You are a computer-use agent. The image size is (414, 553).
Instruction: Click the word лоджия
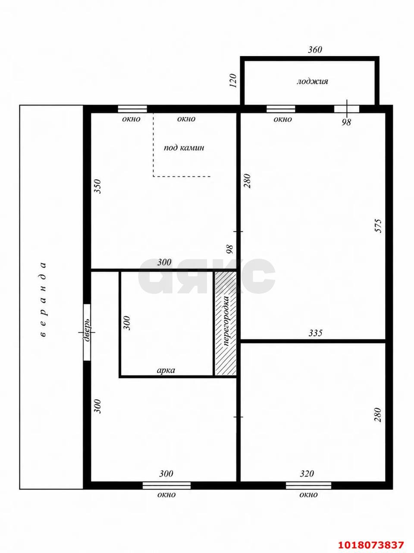coord(313,82)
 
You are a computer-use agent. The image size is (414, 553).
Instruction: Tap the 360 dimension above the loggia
coord(315,50)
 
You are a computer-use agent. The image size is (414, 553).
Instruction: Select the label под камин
coord(184,148)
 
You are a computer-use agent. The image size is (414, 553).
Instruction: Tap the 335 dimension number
coord(315,333)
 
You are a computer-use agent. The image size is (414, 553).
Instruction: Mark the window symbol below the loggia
coord(281,109)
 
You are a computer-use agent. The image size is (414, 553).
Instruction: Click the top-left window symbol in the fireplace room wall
coord(132,109)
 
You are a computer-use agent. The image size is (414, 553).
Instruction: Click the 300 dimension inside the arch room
coord(127,323)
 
